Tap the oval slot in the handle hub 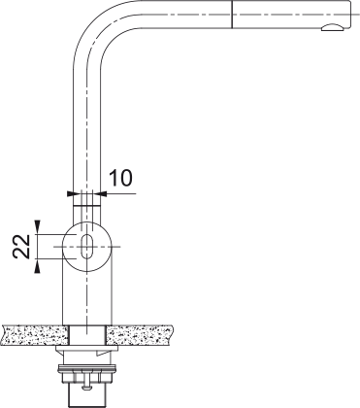coord(87,244)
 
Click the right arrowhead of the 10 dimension coord(104,193)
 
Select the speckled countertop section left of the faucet coord(34,335)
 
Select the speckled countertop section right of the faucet coord(146,335)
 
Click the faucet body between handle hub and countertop coord(87,296)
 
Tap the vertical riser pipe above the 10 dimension coord(87,117)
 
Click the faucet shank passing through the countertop coord(87,335)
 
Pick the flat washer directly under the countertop coord(87,352)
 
